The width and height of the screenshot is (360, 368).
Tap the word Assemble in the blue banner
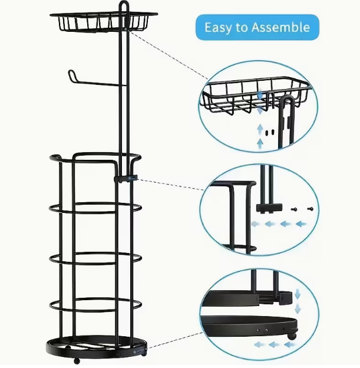click(x=280, y=27)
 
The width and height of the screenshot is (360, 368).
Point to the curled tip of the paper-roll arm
click(x=71, y=75)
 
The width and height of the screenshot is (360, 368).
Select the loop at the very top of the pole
click(x=124, y=6)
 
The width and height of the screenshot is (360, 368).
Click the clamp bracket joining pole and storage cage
click(x=125, y=178)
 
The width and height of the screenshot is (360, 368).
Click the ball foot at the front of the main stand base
click(x=77, y=361)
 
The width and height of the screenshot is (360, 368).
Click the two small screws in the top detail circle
click(x=269, y=133)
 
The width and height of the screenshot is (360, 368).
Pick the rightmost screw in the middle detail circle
click(x=310, y=208)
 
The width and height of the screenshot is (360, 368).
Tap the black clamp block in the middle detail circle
click(x=269, y=208)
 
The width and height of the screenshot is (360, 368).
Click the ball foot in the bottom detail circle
click(x=291, y=337)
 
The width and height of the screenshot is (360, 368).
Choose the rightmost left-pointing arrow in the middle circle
click(x=302, y=224)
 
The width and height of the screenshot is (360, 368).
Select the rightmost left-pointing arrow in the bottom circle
click(x=290, y=344)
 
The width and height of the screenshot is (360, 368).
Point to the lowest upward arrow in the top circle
click(x=260, y=143)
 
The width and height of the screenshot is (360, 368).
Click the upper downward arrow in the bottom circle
click(x=298, y=294)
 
